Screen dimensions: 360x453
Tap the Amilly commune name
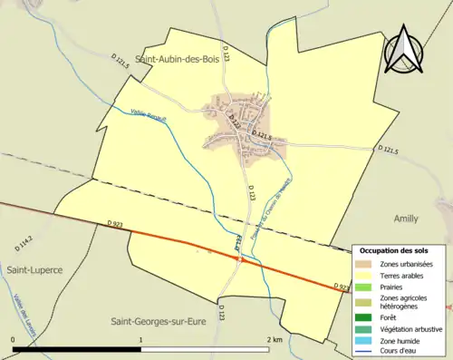(x=407, y=219)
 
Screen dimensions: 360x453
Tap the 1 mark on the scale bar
(x=141, y=339)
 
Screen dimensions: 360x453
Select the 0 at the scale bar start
(x=14, y=339)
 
